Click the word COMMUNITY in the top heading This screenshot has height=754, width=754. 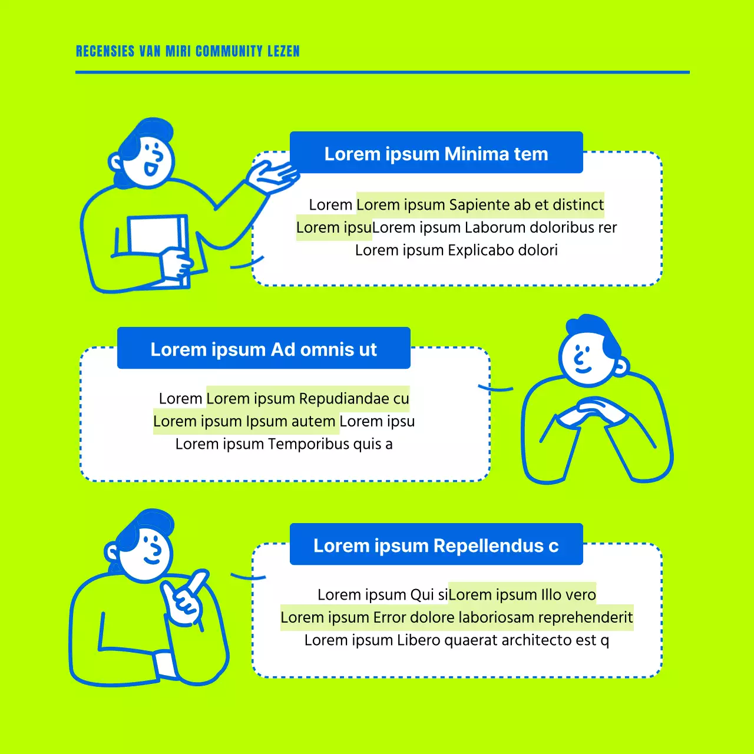[x=229, y=51]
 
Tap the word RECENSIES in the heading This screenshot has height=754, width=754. [x=105, y=51]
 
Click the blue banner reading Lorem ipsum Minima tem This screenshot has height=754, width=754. [x=436, y=153]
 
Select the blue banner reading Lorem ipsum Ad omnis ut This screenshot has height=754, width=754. [x=264, y=348]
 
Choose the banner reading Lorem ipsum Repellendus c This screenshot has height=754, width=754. [x=436, y=544]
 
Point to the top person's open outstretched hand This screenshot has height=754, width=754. [x=273, y=177]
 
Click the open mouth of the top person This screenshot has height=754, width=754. [x=151, y=170]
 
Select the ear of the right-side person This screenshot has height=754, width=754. [x=621, y=366]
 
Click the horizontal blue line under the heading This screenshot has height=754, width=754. [x=382, y=72]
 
